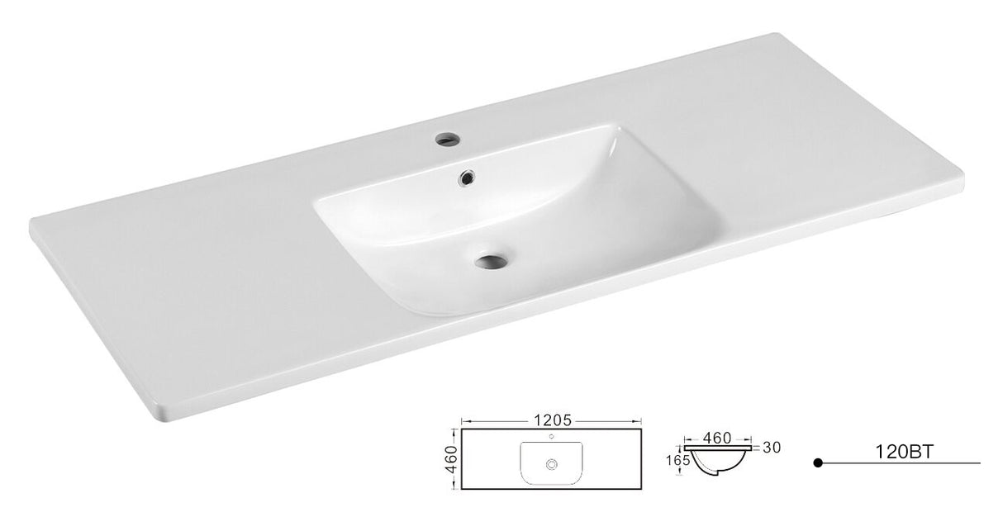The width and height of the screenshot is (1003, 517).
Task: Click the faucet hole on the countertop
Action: point(447,138)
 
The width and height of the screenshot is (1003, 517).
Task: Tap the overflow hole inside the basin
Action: point(466,178)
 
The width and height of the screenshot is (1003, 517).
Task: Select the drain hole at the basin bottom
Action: point(491,261)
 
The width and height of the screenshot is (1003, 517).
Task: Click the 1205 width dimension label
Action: point(553,420)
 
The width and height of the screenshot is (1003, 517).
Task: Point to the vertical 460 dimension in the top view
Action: point(452,459)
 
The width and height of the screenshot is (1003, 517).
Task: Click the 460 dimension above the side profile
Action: point(717,438)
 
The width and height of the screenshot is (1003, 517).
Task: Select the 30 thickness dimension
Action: point(772,447)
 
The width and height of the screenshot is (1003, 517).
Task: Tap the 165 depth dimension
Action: point(677,460)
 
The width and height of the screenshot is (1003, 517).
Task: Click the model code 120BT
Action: point(905,452)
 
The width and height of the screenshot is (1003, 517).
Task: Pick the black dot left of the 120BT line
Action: point(818,462)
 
